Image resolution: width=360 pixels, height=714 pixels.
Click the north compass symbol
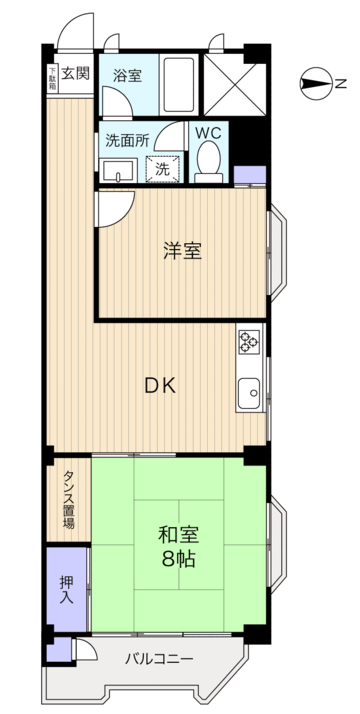point(317,83)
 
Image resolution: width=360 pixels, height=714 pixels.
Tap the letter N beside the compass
point(341,84)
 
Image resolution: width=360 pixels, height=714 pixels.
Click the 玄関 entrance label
point(75,73)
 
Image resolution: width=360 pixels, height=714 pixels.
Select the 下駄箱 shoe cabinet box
point(53,78)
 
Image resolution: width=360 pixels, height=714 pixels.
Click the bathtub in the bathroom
point(179,85)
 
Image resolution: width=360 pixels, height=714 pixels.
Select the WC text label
point(208,133)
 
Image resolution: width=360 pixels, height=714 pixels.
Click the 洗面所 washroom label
point(127,141)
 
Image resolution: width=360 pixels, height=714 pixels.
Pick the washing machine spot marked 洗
point(162,169)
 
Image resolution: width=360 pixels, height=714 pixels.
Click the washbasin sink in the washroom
point(118,171)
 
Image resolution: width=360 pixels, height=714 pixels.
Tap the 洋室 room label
point(183,251)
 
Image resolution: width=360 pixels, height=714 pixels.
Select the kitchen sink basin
point(249,393)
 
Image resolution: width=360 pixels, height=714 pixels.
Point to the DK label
point(159,387)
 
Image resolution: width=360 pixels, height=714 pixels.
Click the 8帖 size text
point(178,559)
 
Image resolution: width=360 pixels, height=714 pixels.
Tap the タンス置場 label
point(68,498)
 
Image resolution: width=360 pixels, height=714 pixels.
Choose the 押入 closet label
point(66,590)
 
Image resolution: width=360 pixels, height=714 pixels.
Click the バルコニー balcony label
point(160,659)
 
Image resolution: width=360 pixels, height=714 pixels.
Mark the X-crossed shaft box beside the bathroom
point(235,84)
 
